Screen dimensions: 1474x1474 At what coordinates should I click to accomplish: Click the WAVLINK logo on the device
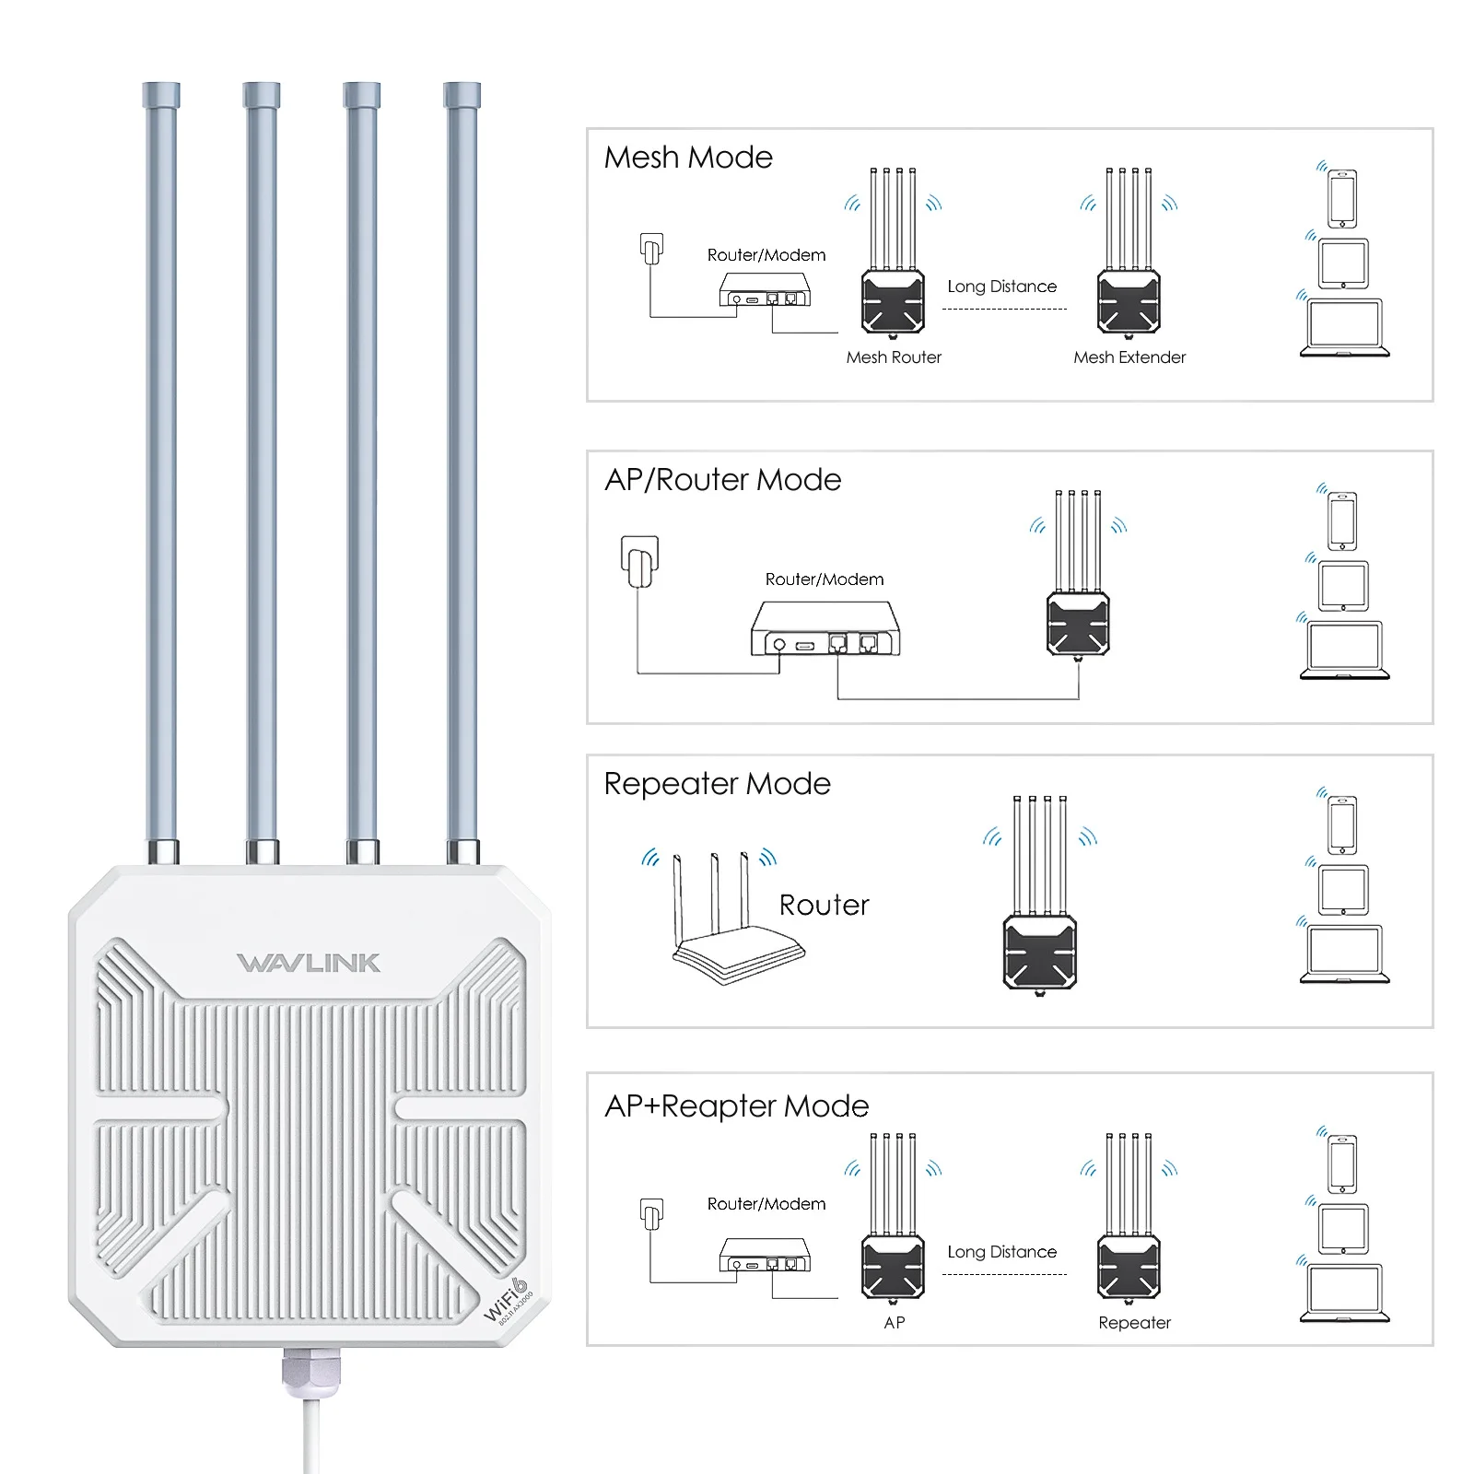pyautogui.click(x=309, y=963)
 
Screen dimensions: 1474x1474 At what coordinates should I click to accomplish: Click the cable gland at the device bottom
pyautogui.click(x=311, y=1370)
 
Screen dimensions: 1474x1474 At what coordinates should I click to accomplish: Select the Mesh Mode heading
pyautogui.click(x=688, y=158)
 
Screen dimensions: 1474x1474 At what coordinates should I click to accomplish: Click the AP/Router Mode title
pyautogui.click(x=722, y=480)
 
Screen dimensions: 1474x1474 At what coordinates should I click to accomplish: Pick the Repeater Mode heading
pyautogui.click(x=717, y=784)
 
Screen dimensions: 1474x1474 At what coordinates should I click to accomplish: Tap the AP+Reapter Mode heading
pyautogui.click(x=736, y=1105)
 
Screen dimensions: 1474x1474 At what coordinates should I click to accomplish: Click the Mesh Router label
pyautogui.click(x=894, y=357)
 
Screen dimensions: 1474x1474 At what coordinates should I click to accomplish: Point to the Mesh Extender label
pyautogui.click(x=1129, y=357)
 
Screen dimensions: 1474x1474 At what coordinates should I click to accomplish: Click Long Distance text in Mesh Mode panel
pyautogui.click(x=1001, y=287)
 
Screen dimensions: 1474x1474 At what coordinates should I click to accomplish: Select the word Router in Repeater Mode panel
pyautogui.click(x=824, y=905)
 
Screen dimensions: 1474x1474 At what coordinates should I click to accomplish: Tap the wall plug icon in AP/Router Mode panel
pyautogui.click(x=640, y=561)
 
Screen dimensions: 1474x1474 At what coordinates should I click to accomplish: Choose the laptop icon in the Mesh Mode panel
pyautogui.click(x=1344, y=328)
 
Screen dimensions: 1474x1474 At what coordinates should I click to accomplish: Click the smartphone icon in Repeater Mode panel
pyautogui.click(x=1342, y=825)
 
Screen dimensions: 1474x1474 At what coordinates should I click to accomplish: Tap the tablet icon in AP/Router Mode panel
pyautogui.click(x=1343, y=586)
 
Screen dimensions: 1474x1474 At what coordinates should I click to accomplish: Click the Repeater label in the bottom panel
pyautogui.click(x=1134, y=1323)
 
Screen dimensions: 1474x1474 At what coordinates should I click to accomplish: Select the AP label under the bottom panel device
pyautogui.click(x=894, y=1323)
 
